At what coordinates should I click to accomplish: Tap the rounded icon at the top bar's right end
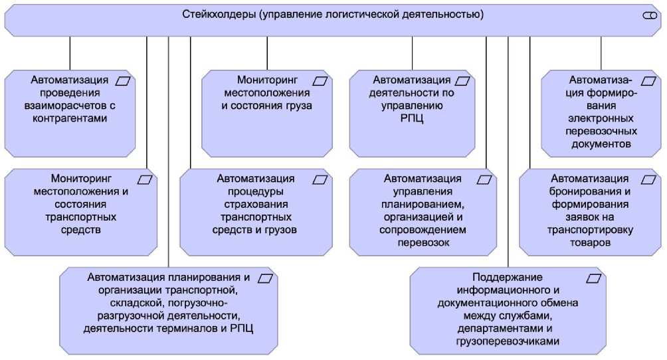(x=649, y=16)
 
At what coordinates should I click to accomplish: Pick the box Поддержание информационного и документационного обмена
(x=508, y=309)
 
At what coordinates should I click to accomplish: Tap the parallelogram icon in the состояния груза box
(x=320, y=80)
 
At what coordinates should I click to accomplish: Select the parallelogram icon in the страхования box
(x=320, y=179)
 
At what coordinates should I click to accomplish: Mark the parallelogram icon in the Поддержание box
(x=593, y=277)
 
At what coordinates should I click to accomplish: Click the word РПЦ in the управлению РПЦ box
(x=411, y=119)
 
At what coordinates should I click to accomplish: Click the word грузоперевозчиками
(x=508, y=341)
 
